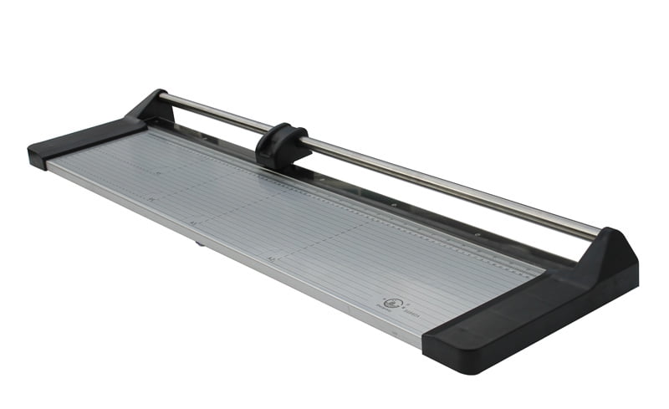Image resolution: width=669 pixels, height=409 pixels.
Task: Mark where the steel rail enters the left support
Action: [162, 99]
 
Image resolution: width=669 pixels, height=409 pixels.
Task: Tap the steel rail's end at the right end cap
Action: [595, 233]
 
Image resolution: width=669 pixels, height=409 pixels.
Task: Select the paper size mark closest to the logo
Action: [273, 258]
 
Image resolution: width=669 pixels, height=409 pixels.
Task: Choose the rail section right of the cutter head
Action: [443, 179]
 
